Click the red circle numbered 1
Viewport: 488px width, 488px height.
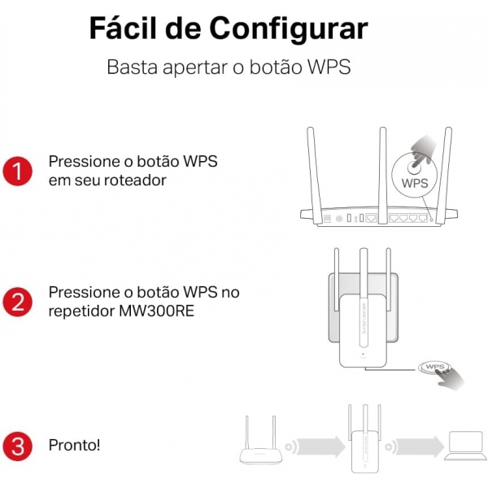[17, 171]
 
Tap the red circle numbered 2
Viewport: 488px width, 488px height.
[17, 302]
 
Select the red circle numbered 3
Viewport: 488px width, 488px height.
[17, 446]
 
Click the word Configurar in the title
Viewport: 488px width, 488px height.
[289, 29]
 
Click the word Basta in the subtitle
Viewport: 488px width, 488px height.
[133, 67]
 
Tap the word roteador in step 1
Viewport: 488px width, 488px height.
[135, 181]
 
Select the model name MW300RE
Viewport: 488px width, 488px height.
[156, 311]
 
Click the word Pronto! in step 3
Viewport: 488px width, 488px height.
[74, 445]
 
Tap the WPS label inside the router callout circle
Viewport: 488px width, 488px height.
[415, 183]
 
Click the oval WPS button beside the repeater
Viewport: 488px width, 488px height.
[435, 368]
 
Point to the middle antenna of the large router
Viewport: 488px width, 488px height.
[382, 175]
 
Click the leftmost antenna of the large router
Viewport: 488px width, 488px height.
[314, 175]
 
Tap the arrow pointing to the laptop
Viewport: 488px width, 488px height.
[419, 447]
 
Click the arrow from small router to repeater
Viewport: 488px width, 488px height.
[320, 447]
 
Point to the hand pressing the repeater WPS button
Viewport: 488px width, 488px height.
[450, 378]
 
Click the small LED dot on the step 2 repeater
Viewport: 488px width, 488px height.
[364, 354]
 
